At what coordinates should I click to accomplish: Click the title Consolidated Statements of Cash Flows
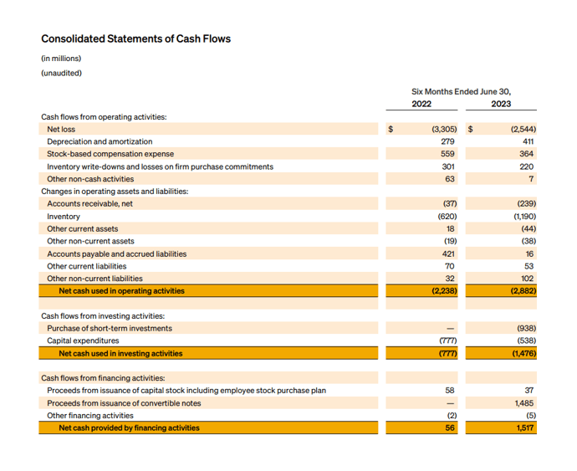[x=135, y=38]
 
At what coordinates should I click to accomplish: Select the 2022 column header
[x=421, y=105]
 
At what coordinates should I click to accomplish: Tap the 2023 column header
[x=501, y=105]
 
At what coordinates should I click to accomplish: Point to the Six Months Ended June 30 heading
[x=461, y=91]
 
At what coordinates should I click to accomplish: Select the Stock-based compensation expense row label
[x=110, y=154]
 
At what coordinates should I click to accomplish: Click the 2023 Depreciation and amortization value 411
[x=528, y=141]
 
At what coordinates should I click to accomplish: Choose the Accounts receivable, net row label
[x=89, y=203]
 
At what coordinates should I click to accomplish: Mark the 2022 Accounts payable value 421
[x=447, y=253]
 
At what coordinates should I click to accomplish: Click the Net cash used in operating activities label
[x=121, y=291]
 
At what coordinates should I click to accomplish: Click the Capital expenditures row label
[x=83, y=340]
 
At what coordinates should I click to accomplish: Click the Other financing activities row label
[x=89, y=415]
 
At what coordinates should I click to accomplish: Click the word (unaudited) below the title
[x=61, y=73]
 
